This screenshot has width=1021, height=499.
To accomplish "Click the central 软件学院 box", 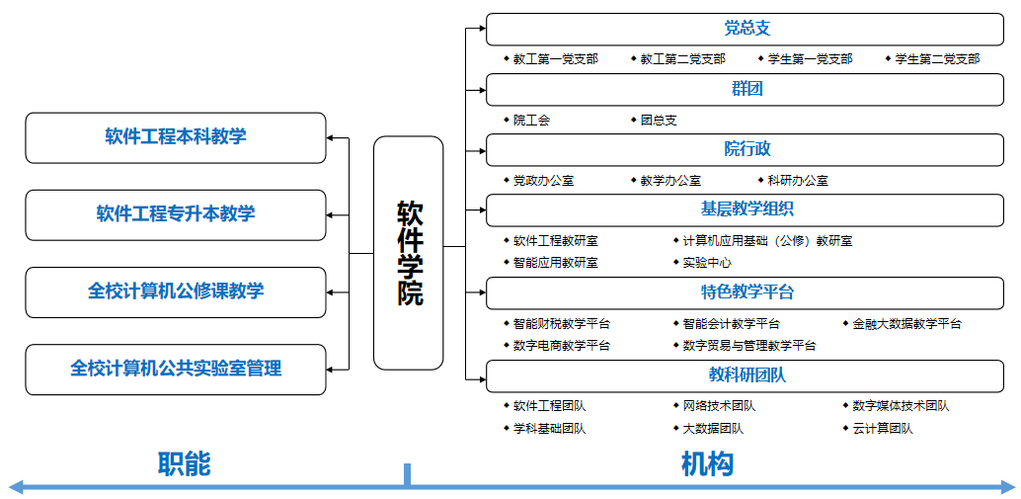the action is tap(408, 253).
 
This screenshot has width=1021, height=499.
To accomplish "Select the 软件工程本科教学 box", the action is tap(175, 137).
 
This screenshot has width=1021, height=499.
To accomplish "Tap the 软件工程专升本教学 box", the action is tap(175, 215).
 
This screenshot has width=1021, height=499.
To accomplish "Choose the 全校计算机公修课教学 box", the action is tap(175, 291).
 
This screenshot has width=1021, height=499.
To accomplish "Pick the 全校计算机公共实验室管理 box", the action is tap(175, 370).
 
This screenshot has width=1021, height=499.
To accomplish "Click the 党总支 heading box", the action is tap(745, 30).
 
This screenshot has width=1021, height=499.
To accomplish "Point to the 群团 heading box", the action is tap(745, 89).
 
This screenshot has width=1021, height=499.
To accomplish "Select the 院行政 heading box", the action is tap(745, 150).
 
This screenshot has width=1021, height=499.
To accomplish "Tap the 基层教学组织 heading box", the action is tap(745, 209).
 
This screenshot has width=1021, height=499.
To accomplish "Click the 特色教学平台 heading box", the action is tap(745, 292).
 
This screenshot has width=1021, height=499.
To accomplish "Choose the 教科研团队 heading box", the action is tap(745, 375).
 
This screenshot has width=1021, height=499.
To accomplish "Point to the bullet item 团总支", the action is tap(654, 120).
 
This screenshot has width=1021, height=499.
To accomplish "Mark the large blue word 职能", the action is tap(185, 464).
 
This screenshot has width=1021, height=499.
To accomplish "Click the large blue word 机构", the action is tap(708, 464).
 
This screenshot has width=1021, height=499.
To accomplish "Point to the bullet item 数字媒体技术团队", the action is tap(896, 406).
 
